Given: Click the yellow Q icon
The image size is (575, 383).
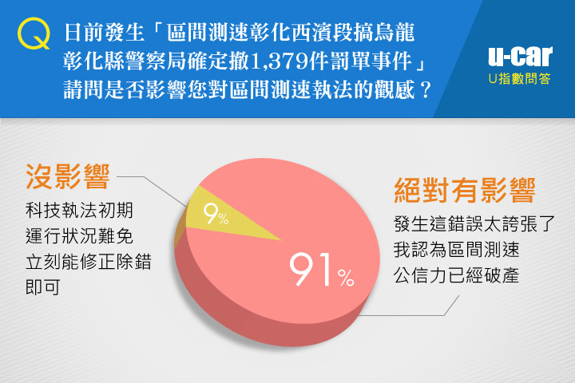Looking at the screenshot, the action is [34, 34].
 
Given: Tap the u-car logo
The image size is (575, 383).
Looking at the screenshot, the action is [520, 57].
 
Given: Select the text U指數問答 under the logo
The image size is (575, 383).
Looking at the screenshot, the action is [520, 79].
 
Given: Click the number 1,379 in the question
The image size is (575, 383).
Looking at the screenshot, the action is [280, 61].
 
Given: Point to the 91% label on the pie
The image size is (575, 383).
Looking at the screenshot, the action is [322, 270].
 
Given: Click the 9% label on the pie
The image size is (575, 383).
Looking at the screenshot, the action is [216, 214].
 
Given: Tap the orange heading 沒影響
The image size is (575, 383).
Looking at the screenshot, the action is [68, 176].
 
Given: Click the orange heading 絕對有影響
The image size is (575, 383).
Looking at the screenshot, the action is [465, 190].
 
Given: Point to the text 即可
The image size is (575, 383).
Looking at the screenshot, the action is [43, 287].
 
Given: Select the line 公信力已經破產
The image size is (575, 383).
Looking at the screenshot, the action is [457, 274].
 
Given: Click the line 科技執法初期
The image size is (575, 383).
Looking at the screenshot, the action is [79, 211].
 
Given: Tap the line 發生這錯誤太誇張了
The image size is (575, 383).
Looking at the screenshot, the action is [474, 223].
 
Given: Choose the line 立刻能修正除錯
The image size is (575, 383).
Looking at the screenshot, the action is [89, 262].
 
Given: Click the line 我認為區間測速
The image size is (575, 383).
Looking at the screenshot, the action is [457, 249].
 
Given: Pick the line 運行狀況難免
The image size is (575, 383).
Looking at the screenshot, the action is [79, 236].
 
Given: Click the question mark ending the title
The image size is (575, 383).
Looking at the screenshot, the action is [426, 89].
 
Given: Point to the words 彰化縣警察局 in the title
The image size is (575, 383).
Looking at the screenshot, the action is [125, 61].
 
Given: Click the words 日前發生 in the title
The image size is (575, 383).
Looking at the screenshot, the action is [105, 32].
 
